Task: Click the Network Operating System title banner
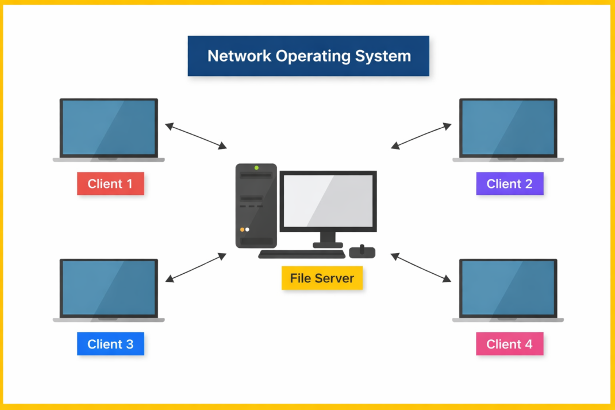pyautogui.click(x=308, y=56)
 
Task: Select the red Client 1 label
pyautogui.click(x=110, y=184)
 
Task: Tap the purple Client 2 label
pyautogui.click(x=509, y=184)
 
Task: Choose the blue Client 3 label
pyautogui.click(x=110, y=344)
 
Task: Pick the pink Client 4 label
pyautogui.click(x=509, y=344)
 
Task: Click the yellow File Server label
pyautogui.click(x=322, y=278)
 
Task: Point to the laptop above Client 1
pyautogui.click(x=109, y=128)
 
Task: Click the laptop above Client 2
pyautogui.click(x=508, y=128)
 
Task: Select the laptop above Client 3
pyautogui.click(x=109, y=288)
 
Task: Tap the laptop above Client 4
pyautogui.click(x=508, y=288)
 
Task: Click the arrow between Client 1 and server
pyautogui.click(x=196, y=136)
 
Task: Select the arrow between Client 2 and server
pyautogui.click(x=421, y=136)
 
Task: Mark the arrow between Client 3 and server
pyautogui.click(x=196, y=267)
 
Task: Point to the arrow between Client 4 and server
pyautogui.click(x=421, y=267)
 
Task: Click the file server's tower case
pyautogui.click(x=256, y=206)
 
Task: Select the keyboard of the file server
pyautogui.click(x=301, y=254)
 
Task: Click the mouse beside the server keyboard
pyautogui.click(x=362, y=252)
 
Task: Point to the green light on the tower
pyautogui.click(x=256, y=168)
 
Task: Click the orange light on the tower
pyautogui.click(x=243, y=229)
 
